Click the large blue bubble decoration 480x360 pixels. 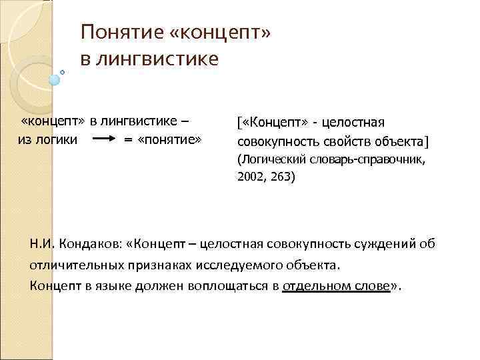point(55,79)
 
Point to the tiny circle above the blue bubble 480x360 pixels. point(62,71)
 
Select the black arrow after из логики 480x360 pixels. point(103,140)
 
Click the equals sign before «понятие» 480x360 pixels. point(129,140)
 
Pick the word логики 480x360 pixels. point(58,140)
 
